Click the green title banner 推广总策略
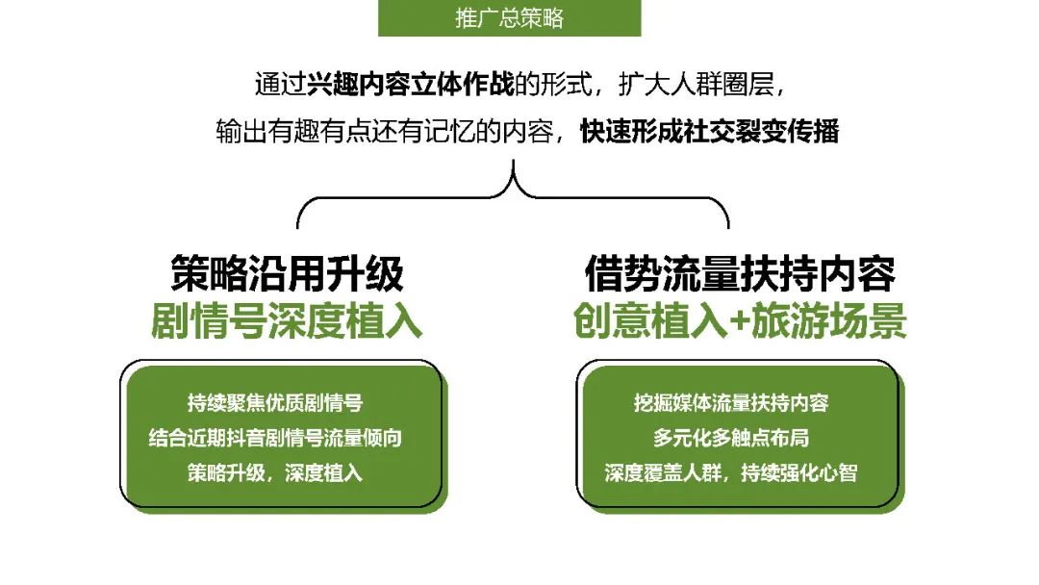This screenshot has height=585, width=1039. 509,18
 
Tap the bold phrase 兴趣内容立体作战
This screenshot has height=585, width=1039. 410,85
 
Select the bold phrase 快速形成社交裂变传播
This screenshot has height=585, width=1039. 710,131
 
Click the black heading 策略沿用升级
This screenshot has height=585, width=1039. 287,273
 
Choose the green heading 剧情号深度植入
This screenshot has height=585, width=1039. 287,321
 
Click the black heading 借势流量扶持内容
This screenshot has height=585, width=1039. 740,273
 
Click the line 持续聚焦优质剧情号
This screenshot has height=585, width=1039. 275,403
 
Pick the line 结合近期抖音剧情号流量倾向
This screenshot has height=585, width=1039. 275,438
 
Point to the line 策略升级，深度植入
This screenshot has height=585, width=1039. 275,473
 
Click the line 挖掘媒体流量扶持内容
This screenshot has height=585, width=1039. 731,403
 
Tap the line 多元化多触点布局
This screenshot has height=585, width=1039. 731,438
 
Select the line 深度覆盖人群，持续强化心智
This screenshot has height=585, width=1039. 731,473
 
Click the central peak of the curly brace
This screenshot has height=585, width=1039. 513,161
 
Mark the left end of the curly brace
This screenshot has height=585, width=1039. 297,228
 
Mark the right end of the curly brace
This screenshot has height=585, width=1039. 728,228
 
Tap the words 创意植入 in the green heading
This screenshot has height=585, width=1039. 650,321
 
